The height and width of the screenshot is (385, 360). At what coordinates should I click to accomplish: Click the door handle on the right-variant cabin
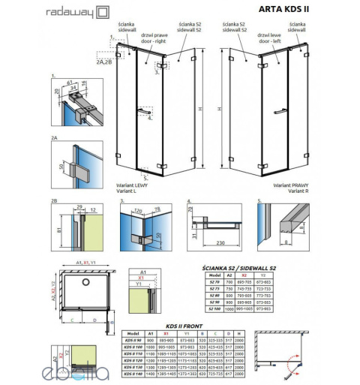click(282, 110)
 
